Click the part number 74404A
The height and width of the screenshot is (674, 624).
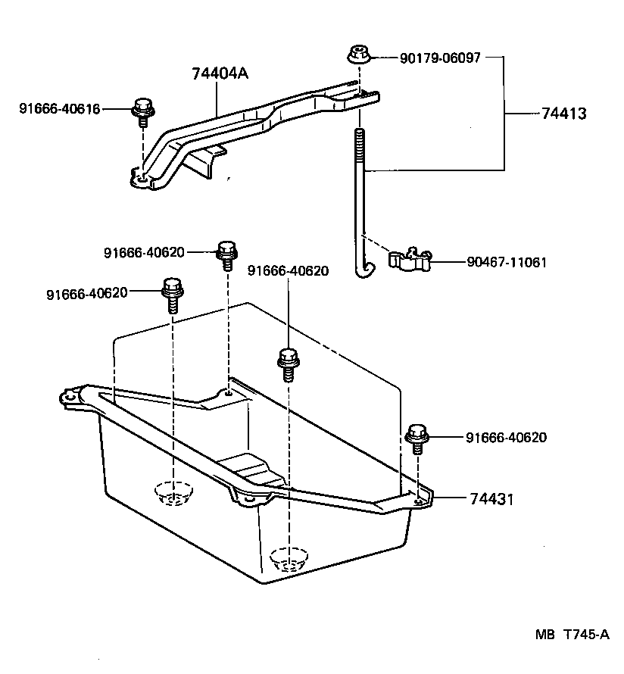(220, 74)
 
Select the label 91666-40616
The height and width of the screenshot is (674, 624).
(59, 109)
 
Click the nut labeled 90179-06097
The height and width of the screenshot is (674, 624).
(357, 55)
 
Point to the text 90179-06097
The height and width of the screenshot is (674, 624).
(440, 58)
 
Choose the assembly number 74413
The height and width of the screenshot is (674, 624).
(564, 114)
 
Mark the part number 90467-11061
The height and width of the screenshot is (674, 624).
(507, 263)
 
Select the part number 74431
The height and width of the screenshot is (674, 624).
(491, 499)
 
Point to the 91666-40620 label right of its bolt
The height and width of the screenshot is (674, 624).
(506, 438)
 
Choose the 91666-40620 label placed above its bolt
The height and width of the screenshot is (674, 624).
(288, 270)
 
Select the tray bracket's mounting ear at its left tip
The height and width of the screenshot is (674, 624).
(69, 396)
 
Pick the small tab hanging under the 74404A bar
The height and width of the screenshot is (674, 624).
(208, 160)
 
